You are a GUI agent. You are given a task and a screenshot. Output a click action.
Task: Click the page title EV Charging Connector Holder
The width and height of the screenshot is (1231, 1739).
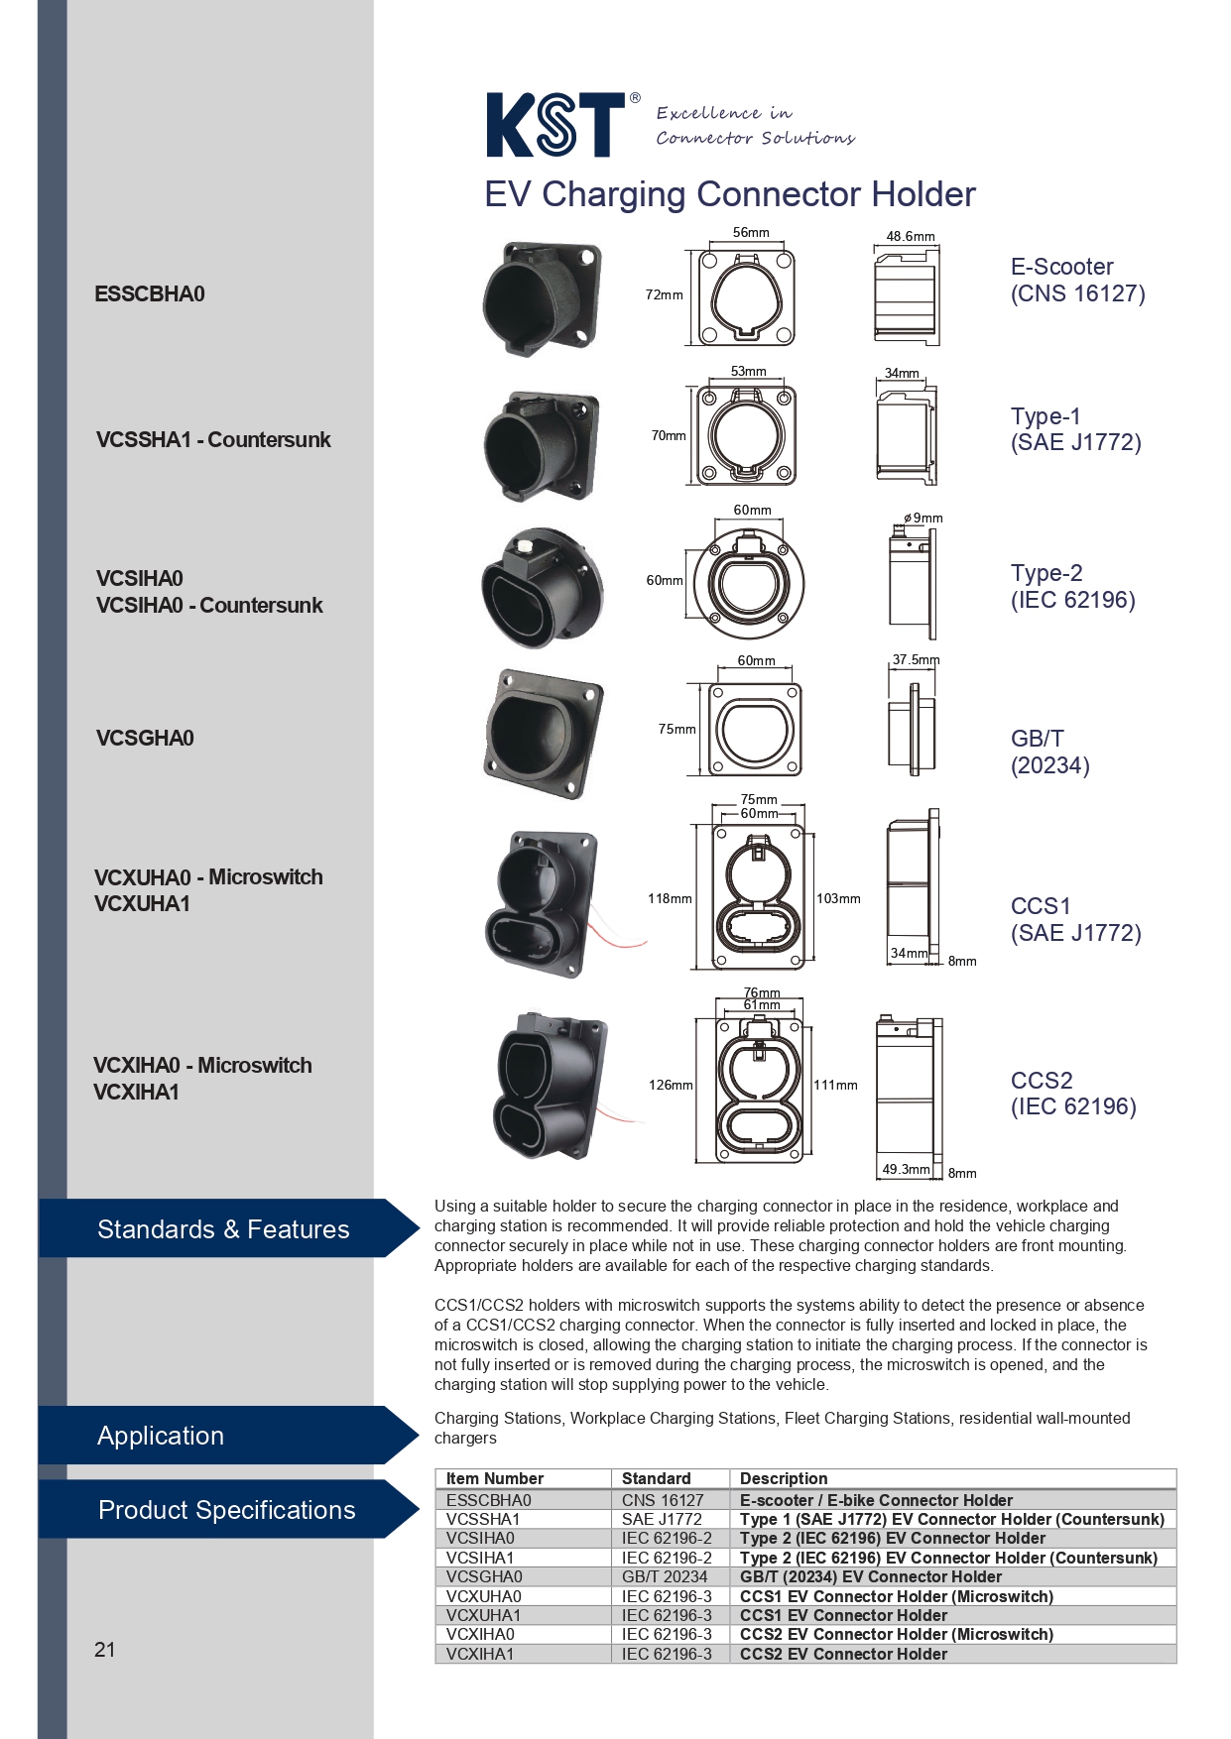point(730,194)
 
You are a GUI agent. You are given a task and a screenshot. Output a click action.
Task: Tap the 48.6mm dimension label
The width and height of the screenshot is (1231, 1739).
point(911,236)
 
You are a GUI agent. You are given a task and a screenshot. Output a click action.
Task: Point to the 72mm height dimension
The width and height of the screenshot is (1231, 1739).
point(664,294)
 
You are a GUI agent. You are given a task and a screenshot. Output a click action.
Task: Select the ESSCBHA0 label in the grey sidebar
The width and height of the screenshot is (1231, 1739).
point(150,293)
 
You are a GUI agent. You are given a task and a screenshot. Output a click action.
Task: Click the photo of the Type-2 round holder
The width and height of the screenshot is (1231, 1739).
point(543,587)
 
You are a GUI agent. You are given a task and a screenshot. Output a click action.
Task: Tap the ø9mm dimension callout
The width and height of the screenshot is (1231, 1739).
point(923,518)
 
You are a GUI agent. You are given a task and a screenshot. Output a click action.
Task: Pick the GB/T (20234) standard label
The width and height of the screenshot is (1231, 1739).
point(1050,752)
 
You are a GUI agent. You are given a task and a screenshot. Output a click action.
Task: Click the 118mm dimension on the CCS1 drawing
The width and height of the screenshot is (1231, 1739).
point(670,898)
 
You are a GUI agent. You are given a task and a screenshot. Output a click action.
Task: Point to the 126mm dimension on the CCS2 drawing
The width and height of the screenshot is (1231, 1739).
point(671,1085)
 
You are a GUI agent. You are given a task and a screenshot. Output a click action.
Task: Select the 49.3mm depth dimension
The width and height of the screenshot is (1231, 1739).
point(906,1169)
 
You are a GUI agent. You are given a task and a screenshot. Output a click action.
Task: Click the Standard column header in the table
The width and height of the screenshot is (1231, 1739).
point(656,1478)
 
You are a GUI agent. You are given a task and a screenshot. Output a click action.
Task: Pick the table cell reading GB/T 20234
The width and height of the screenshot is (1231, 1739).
point(665,1576)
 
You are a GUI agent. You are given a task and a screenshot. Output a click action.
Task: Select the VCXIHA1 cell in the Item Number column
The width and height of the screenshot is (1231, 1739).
point(480,1654)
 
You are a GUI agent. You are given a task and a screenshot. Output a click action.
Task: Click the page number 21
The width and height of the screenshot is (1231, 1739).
point(105,1650)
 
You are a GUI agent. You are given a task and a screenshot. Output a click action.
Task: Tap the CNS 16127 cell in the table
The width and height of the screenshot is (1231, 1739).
point(663,1500)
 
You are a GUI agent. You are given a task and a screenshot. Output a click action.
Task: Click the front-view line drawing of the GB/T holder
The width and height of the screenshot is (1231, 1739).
point(757,729)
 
